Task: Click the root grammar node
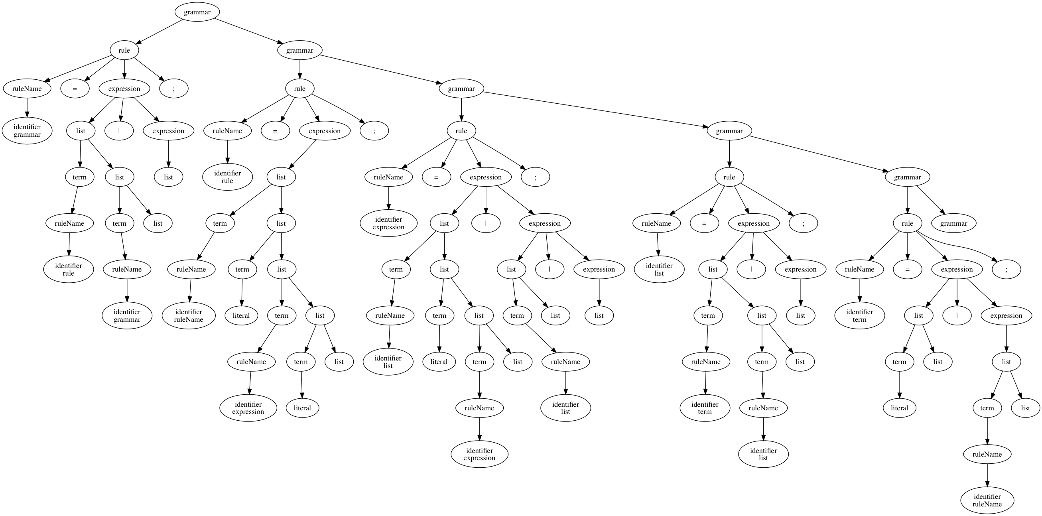197,12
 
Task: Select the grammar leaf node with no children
953,223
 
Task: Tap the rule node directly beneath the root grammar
124,51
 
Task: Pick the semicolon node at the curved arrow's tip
1006,269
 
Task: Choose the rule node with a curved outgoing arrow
907,223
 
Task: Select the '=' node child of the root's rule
75,89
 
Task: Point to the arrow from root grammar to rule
160,32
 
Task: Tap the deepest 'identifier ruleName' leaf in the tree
987,500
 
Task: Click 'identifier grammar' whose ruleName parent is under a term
127,315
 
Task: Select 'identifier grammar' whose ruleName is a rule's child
27,131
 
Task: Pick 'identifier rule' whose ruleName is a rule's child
227,177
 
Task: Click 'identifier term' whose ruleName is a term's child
705,408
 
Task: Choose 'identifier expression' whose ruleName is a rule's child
388,223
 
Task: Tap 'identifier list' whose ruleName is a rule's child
659,269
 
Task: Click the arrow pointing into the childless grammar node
931,201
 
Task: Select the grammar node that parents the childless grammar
907,177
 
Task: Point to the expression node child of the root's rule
124,89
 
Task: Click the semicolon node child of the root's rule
173,89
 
